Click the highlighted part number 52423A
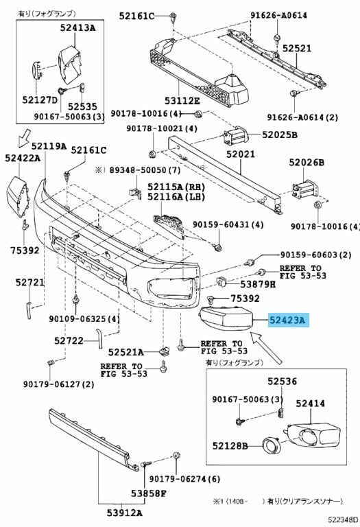287,320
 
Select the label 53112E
182,100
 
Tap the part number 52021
241,154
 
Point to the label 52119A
49,146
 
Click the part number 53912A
125,513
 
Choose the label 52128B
230,445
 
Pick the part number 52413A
78,27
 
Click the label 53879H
258,284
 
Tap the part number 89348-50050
138,170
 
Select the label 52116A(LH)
176,196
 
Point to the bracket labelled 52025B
237,135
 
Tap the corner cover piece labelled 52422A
17,196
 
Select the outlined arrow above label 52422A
24,138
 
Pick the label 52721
30,282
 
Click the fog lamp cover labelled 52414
314,435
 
